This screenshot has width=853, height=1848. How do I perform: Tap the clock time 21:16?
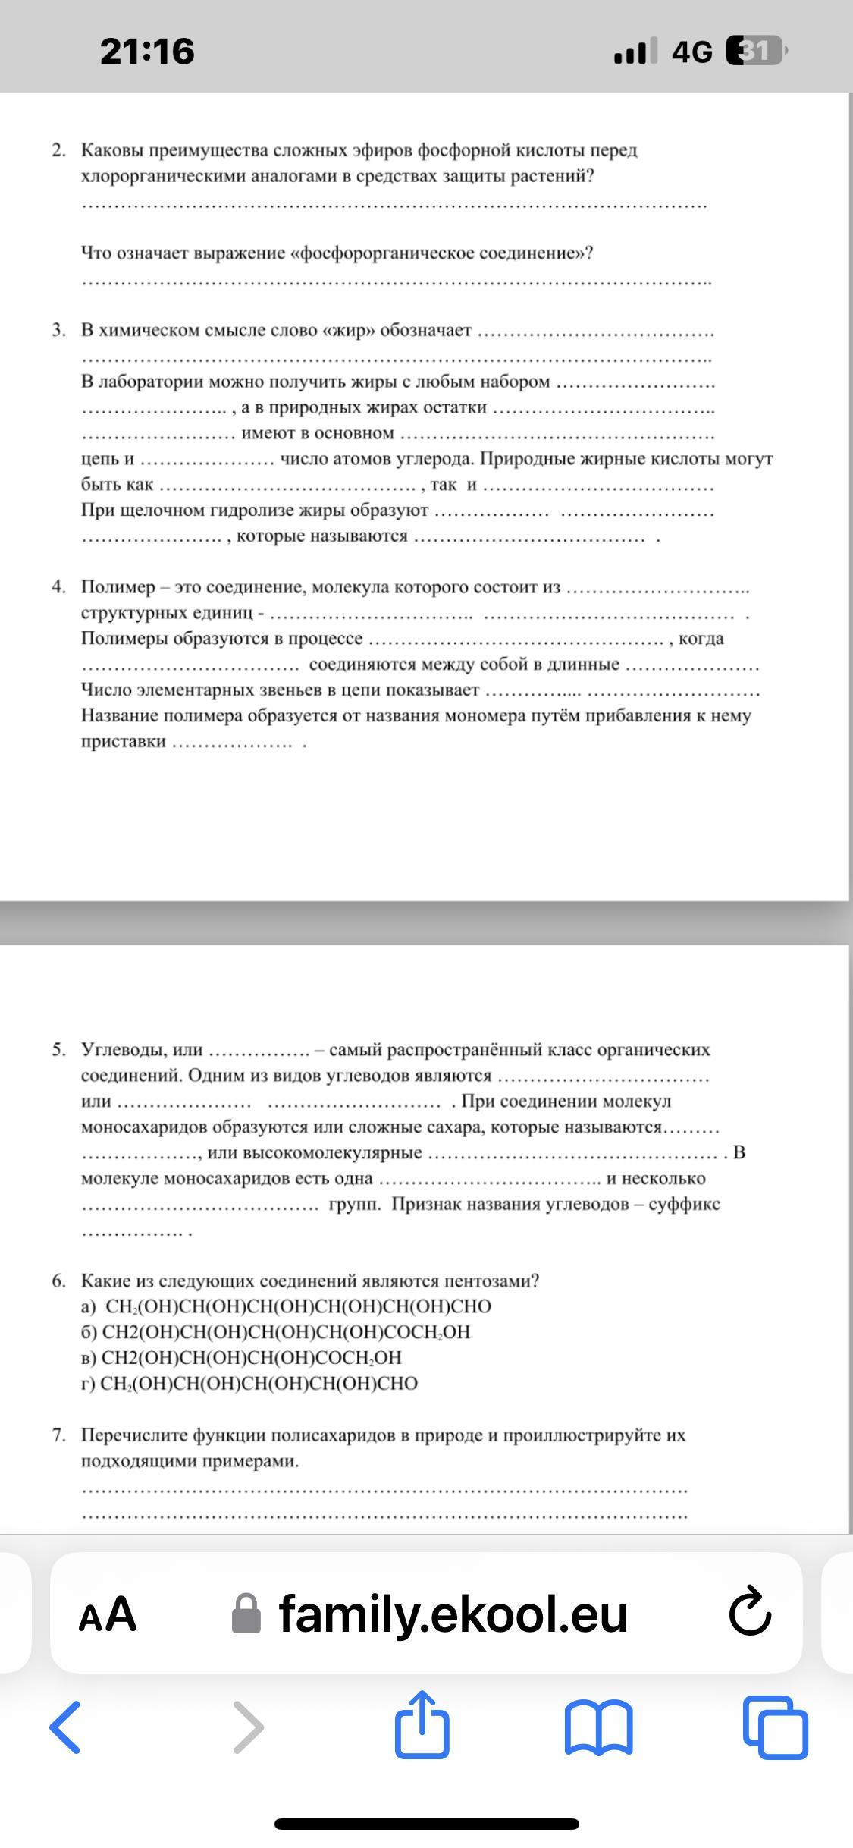pyautogui.click(x=147, y=51)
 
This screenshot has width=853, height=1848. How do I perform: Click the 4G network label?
pyautogui.click(x=691, y=52)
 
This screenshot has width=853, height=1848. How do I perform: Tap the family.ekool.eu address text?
pyautogui.click(x=453, y=1613)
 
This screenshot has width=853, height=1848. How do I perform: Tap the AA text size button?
pyautogui.click(x=108, y=1614)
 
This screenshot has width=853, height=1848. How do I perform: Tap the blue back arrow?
pyautogui.click(x=65, y=1727)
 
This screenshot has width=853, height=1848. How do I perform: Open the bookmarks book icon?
pyautogui.click(x=598, y=1727)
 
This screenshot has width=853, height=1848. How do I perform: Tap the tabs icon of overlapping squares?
pyautogui.click(x=775, y=1727)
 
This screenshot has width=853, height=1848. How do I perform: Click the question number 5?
pyautogui.click(x=58, y=1050)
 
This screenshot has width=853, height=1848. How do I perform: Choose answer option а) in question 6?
pyautogui.click(x=89, y=1306)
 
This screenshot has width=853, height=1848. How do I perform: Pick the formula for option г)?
pyautogui.click(x=259, y=1384)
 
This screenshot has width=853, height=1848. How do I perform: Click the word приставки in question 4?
pyautogui.click(x=123, y=741)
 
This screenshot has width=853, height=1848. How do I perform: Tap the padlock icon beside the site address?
pyautogui.click(x=246, y=1614)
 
